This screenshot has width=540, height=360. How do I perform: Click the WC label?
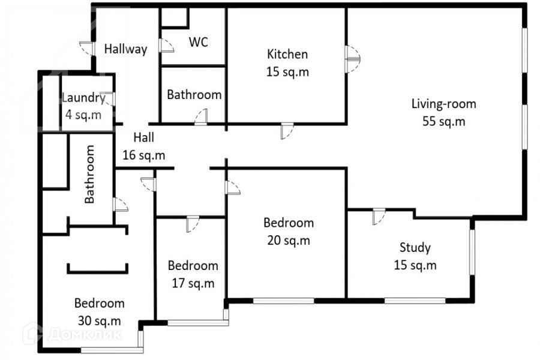pos(199,42)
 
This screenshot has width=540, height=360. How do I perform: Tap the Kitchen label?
pos(287,54)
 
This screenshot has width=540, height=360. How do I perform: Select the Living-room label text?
pos(443,104)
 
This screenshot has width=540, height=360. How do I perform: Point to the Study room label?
pos(415,248)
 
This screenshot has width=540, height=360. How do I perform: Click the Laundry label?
pos(83,98)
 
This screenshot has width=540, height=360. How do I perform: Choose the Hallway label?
pos(126,49)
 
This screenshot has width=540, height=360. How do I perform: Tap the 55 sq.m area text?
pos(443,121)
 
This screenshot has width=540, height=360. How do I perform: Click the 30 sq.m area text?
pos(99,321)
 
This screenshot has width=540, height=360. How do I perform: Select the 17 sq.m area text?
pos(193,283)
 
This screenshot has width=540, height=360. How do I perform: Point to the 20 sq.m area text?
pos(289,241)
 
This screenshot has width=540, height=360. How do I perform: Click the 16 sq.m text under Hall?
pos(143,155)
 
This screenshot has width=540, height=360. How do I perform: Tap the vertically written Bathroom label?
pos(89,174)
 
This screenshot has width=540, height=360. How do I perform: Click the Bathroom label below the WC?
pos(194,95)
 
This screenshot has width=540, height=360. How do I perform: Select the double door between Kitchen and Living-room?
pos(352,59)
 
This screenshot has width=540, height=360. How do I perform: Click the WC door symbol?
pos(166,45)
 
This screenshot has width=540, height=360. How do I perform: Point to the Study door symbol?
pos(379,217)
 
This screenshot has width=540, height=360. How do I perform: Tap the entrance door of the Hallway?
pos(87,48)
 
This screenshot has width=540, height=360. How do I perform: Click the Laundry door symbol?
pos(108,99)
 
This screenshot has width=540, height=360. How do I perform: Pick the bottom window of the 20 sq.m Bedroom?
pos(284,301)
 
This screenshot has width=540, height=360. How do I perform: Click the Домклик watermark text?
pos(85,334)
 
